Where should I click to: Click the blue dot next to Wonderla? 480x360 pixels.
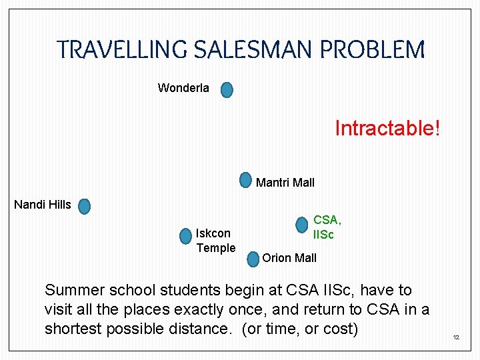(227, 89)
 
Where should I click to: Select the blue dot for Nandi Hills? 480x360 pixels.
(84, 206)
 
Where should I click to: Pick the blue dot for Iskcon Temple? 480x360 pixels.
(185, 236)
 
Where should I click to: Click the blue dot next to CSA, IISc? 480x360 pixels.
(302, 225)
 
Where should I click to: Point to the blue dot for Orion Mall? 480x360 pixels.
(252, 259)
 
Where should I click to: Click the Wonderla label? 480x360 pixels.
(183, 88)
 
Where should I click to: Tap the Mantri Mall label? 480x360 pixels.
(285, 183)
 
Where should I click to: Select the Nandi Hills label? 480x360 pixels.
(43, 205)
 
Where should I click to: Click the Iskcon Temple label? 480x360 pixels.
(215, 241)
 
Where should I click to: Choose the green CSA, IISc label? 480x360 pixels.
(327, 227)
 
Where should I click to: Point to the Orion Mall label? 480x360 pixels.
(289, 258)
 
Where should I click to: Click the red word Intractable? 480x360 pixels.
(387, 127)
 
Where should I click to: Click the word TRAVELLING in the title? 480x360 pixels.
(124, 49)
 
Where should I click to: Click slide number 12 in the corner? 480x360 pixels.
(456, 338)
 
